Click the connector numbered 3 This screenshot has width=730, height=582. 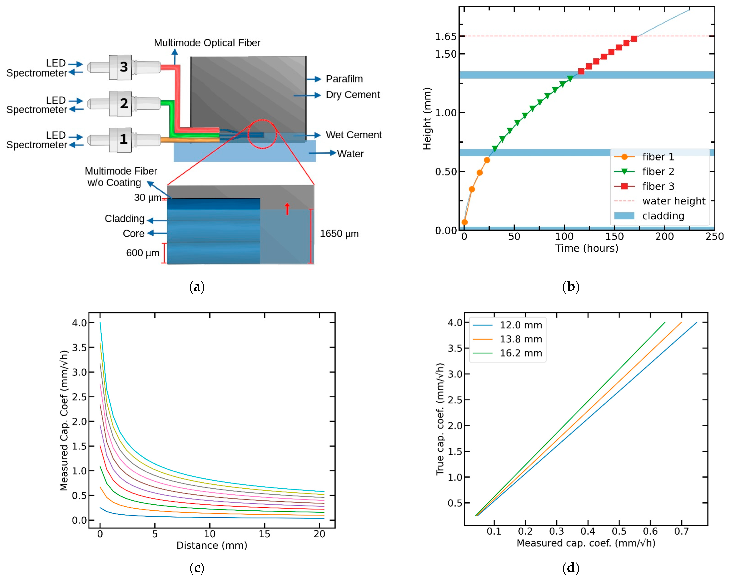pos(124,67)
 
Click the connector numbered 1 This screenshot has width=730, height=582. pos(124,139)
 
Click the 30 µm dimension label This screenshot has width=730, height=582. pos(147,198)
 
